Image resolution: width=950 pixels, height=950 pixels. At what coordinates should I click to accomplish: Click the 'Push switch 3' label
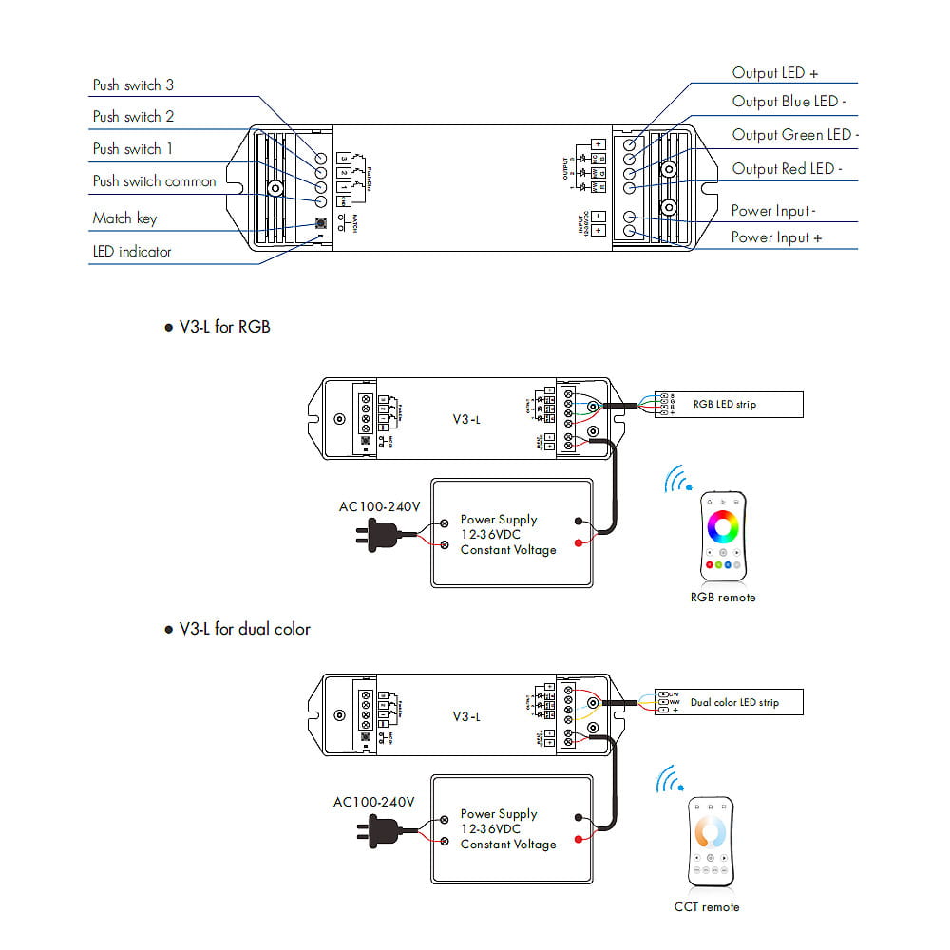tap(133, 85)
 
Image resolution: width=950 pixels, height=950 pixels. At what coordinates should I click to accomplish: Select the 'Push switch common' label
tap(154, 181)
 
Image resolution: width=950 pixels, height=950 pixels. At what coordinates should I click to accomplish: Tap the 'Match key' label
tap(124, 218)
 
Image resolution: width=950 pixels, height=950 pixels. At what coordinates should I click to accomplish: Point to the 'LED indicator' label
tap(132, 252)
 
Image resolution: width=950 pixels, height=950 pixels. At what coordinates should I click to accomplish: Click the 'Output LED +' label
tap(774, 73)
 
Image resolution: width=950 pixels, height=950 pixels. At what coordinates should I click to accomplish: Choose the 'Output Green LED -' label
tap(794, 135)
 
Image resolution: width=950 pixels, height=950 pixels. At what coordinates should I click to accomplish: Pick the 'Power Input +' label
tap(775, 237)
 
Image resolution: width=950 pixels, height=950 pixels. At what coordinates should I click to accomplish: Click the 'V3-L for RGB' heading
tap(224, 327)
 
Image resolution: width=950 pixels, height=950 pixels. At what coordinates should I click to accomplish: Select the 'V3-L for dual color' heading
tap(244, 629)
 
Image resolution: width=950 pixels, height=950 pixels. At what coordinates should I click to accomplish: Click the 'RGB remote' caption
tap(723, 598)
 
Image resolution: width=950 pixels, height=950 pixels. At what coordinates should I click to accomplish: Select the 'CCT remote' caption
tap(706, 907)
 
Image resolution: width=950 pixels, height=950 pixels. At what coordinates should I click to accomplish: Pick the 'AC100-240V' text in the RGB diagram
tap(379, 506)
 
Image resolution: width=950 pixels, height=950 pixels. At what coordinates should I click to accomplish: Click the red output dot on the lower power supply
tap(579, 842)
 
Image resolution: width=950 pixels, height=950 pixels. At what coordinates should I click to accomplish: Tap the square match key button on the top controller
tap(320, 225)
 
